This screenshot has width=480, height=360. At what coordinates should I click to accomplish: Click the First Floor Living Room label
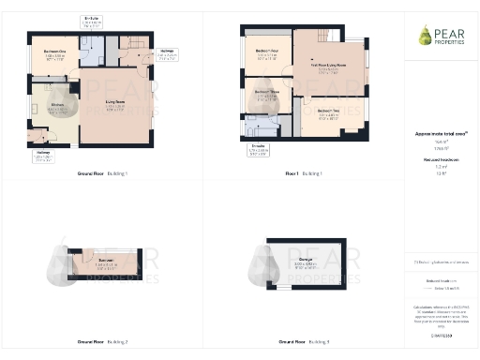click(328, 67)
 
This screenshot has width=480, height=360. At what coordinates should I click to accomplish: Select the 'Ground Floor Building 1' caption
click(102, 173)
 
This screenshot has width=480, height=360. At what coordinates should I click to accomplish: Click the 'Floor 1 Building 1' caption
click(304, 173)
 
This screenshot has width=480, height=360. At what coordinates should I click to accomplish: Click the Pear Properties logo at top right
click(439, 37)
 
